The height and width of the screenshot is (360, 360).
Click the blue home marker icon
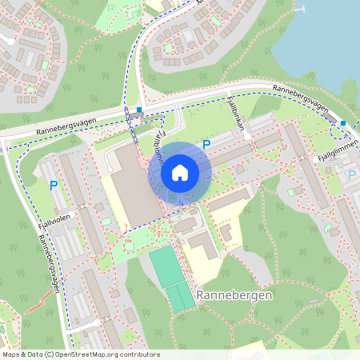pos(179,172)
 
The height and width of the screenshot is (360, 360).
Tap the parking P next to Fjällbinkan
pos(206,145)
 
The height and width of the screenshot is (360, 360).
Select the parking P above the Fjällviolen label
pos(54,185)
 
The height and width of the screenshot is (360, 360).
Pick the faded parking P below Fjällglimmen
pos(350,174)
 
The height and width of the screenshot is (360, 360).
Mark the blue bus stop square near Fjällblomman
pos(139,110)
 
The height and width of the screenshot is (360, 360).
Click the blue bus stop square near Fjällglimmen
pos(342,122)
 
